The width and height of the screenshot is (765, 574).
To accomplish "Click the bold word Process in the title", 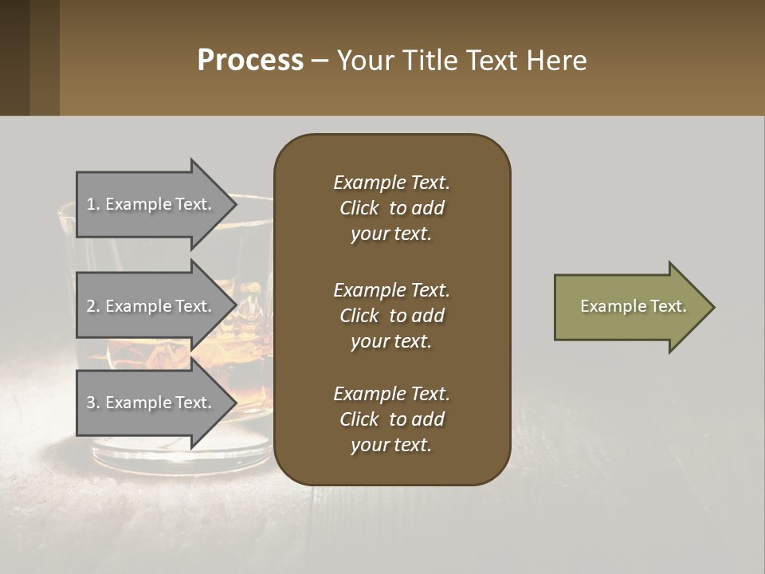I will click(x=250, y=60).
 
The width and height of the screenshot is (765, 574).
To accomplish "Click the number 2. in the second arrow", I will click(x=92, y=306).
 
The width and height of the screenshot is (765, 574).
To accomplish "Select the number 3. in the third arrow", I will click(x=92, y=403).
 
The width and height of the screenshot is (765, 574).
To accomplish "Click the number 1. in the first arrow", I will click(x=92, y=204).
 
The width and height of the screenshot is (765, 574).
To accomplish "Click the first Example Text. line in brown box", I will click(x=391, y=183).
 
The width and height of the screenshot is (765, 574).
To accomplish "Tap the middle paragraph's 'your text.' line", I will click(x=391, y=341).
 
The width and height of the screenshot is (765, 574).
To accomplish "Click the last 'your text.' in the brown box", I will click(x=391, y=445).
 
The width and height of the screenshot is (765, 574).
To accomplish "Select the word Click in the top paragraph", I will click(x=359, y=208).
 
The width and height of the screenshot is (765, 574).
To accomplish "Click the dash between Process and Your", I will click(x=320, y=61).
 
